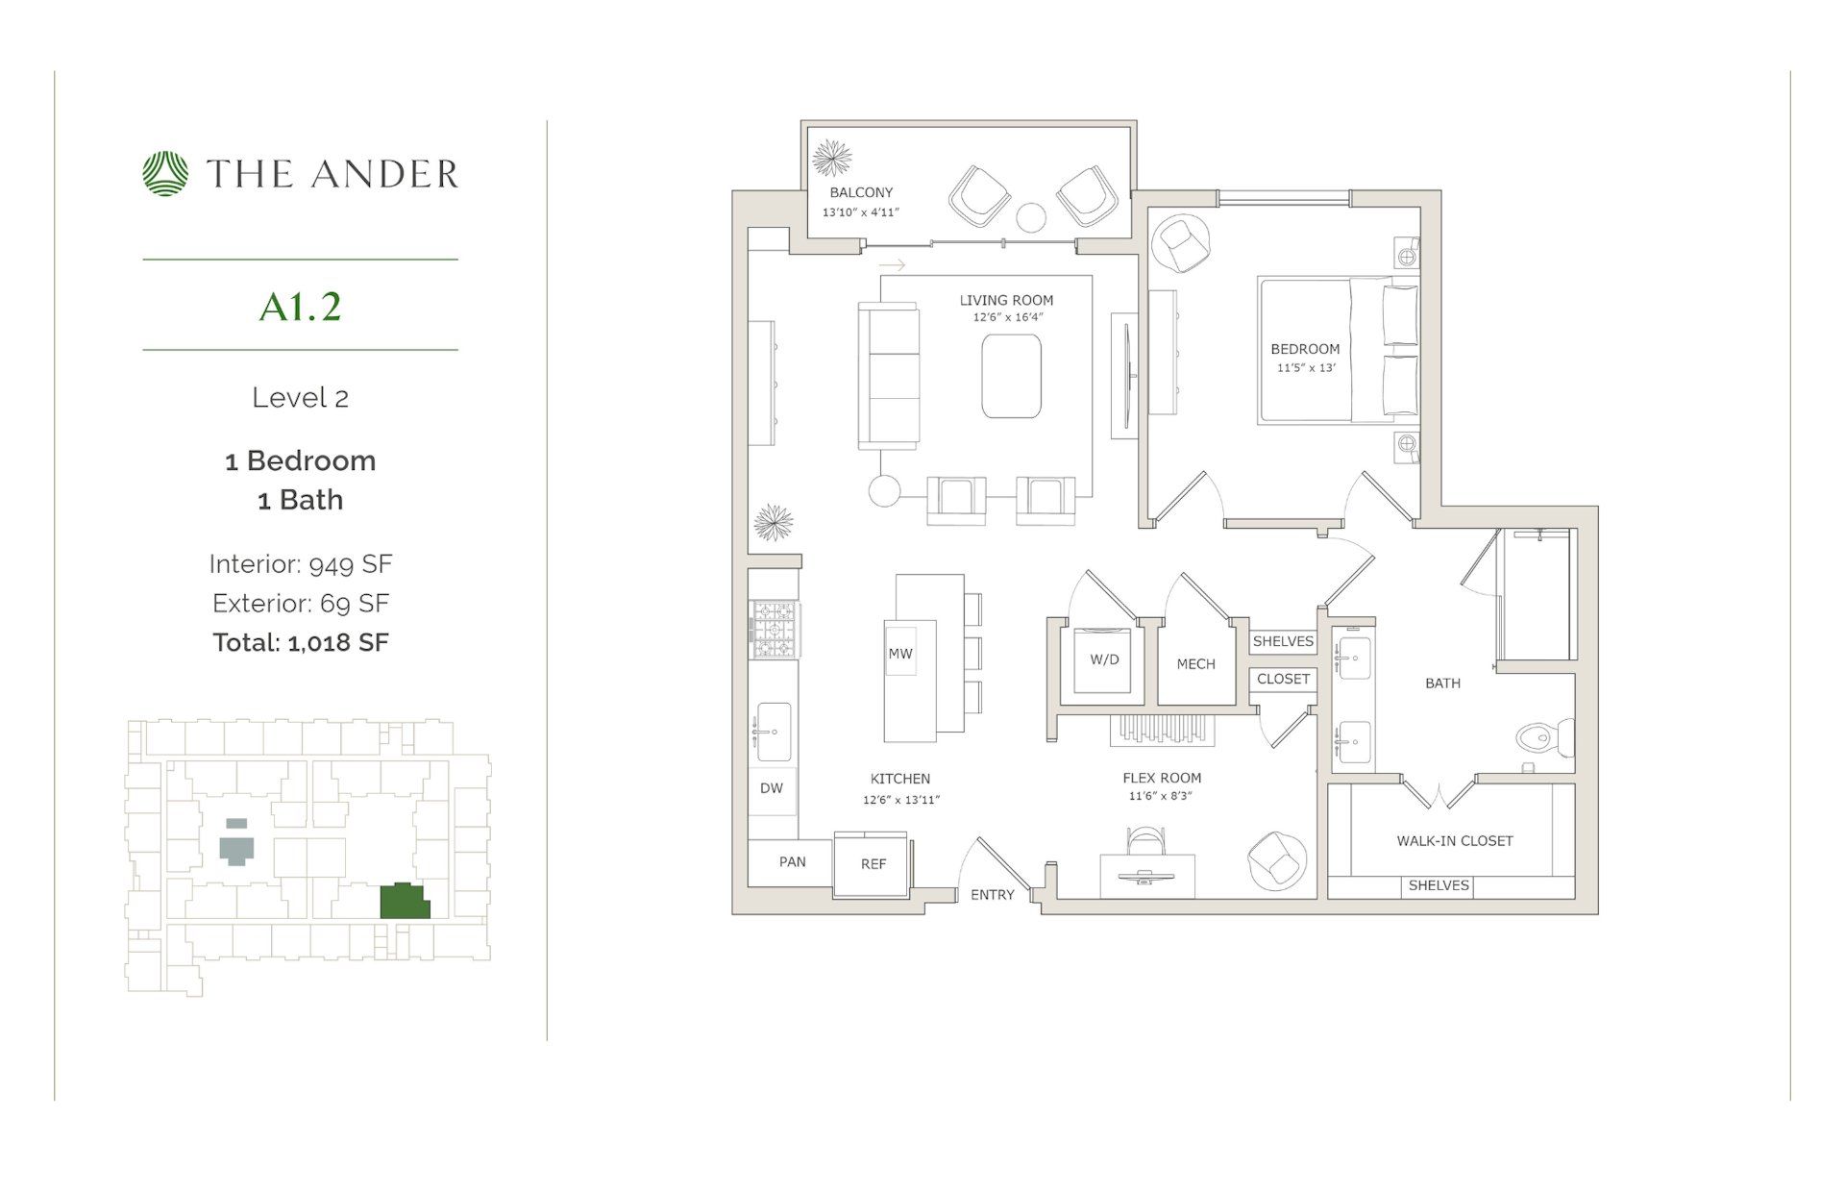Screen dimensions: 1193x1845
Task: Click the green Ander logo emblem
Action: (x=166, y=174)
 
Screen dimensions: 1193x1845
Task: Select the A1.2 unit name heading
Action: (x=300, y=307)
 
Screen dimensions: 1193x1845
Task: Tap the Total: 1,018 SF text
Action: (x=300, y=642)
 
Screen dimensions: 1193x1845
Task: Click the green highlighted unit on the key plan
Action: (x=404, y=902)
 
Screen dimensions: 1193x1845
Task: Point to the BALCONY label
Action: (x=861, y=192)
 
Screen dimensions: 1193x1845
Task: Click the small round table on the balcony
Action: (x=1031, y=218)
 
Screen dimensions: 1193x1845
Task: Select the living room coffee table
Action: (x=1011, y=376)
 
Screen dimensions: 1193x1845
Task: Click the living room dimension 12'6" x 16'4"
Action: (x=1007, y=316)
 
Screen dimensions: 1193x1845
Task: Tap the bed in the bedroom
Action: (x=1336, y=351)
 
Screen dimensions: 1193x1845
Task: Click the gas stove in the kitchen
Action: (x=775, y=630)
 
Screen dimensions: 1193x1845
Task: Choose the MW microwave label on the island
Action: (x=900, y=654)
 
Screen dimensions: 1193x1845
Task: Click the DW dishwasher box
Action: (x=772, y=788)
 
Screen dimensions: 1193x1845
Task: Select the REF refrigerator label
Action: (x=873, y=864)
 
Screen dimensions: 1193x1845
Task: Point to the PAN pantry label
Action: (x=792, y=861)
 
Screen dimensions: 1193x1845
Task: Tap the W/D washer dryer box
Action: (x=1104, y=659)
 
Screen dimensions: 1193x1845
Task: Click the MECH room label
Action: (x=1195, y=664)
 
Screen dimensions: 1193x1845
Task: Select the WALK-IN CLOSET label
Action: (x=1454, y=841)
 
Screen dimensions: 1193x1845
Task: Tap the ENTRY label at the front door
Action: (x=992, y=895)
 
